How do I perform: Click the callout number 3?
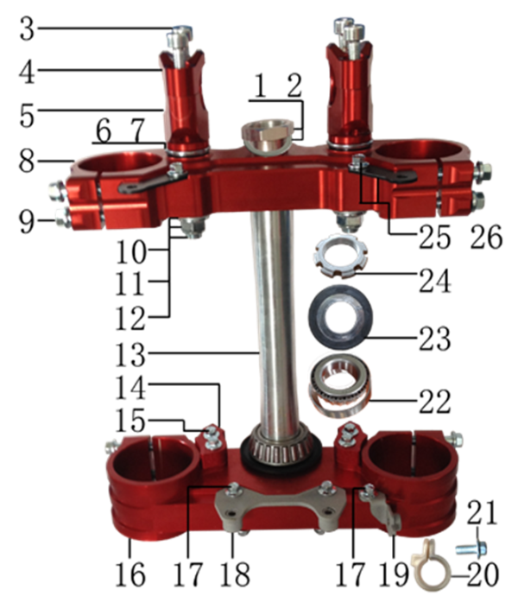27,29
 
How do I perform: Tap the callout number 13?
130,355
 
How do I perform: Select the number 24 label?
435,281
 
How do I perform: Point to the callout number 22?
435,402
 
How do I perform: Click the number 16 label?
130,574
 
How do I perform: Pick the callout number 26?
486,237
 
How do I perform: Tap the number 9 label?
27,222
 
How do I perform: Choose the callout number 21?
482,512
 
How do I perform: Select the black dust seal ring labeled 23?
340,317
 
